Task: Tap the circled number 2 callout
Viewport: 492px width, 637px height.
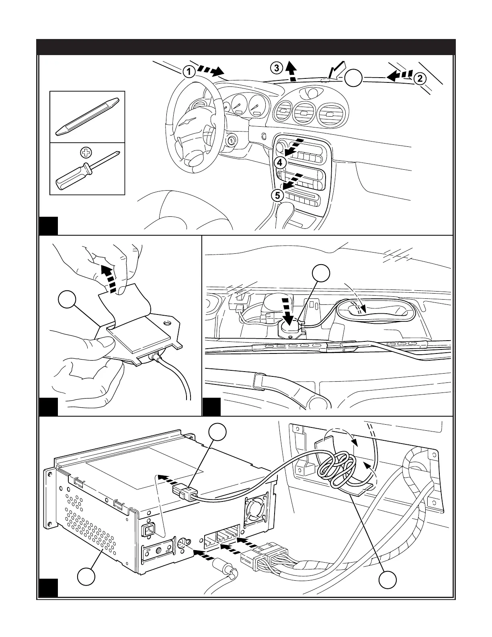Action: [x=420, y=79]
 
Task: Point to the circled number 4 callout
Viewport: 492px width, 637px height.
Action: [x=281, y=163]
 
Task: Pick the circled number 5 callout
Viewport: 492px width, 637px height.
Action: [x=277, y=195]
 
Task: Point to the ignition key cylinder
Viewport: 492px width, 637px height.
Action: [x=233, y=141]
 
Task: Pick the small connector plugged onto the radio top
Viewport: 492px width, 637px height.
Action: [x=183, y=492]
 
